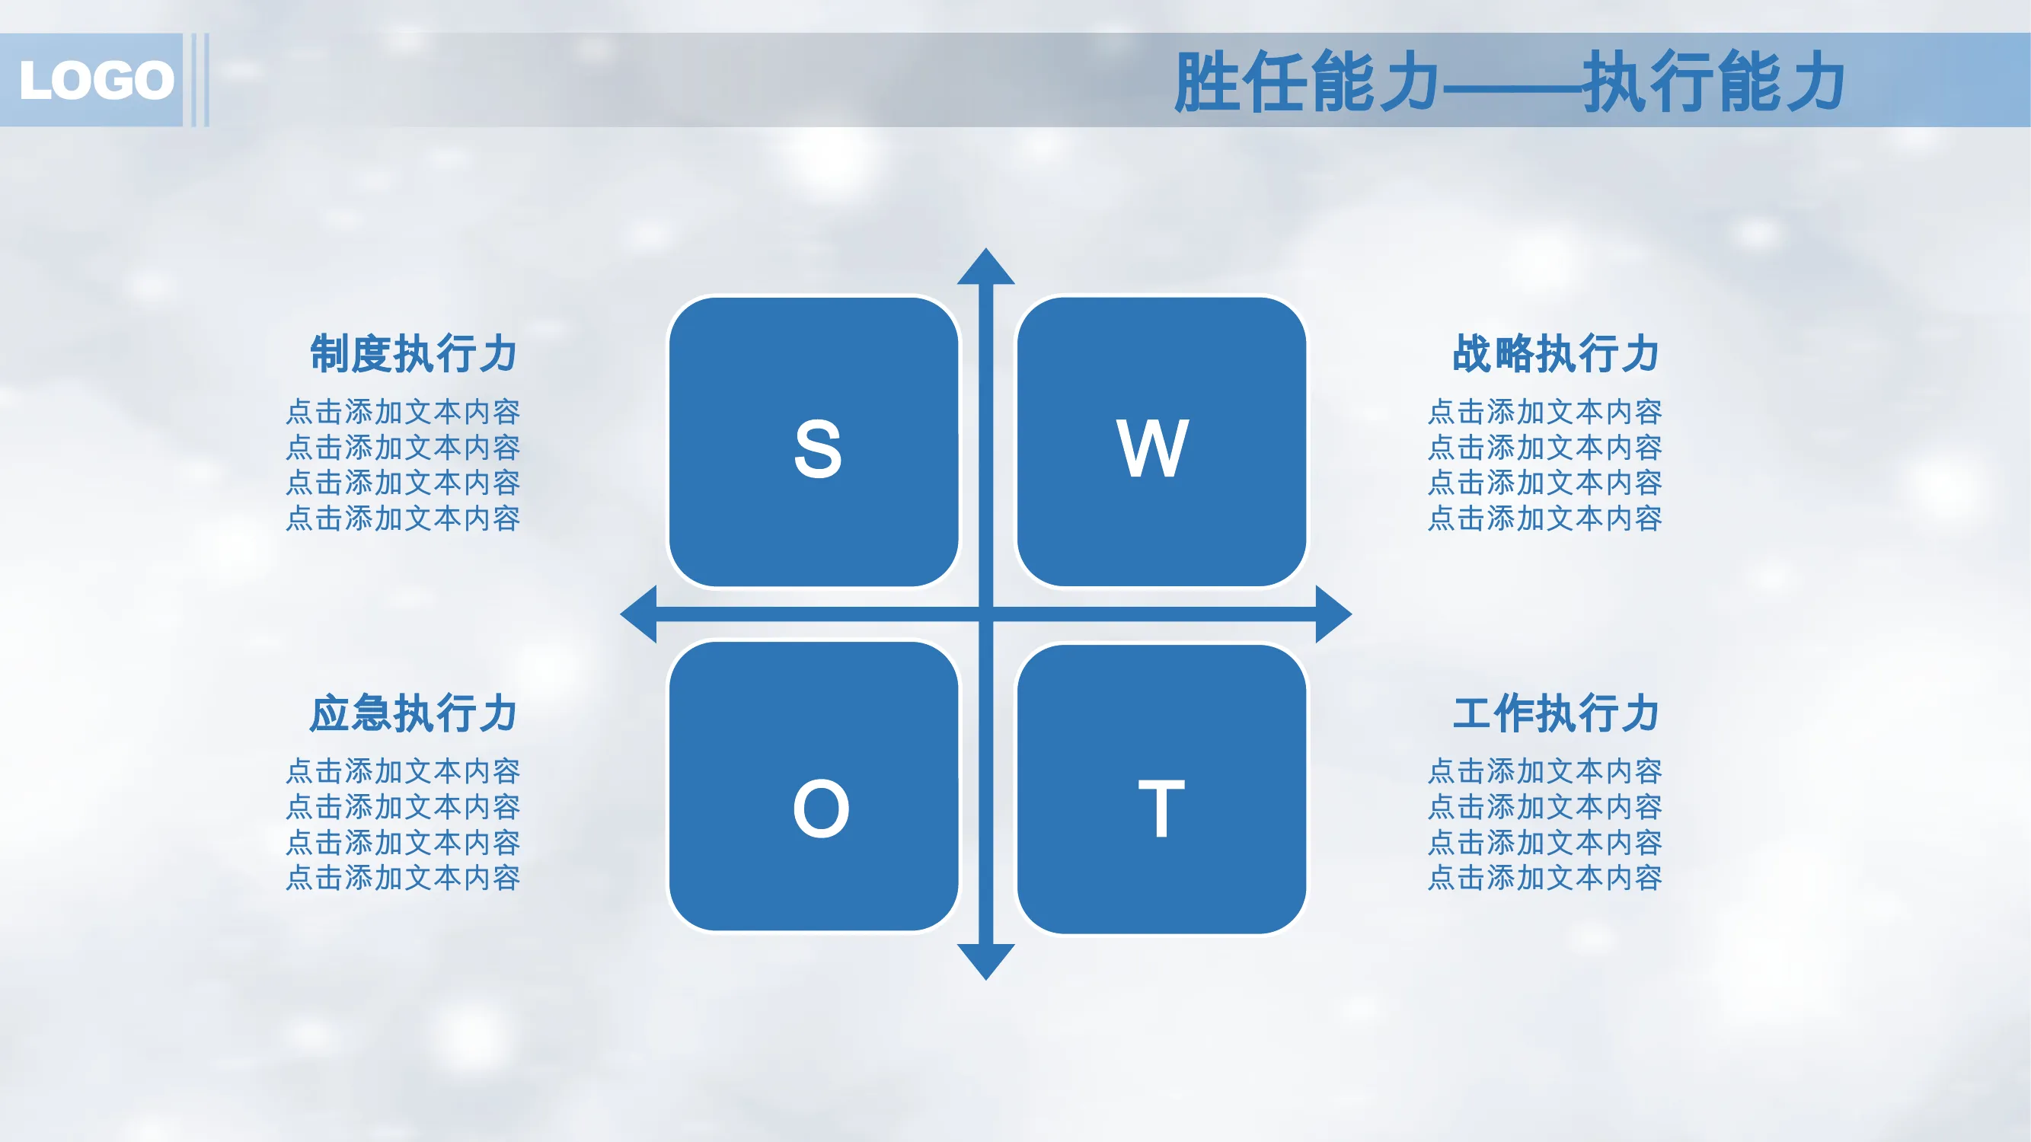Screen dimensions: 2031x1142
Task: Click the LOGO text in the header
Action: coord(97,80)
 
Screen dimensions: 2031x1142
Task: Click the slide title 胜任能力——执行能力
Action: coord(1509,81)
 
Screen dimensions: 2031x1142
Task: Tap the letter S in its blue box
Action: coord(818,448)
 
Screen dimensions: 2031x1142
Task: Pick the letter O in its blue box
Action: coord(821,809)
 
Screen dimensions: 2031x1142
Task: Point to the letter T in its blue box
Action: coord(1161,809)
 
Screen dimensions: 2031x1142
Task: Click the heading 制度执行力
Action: coord(414,353)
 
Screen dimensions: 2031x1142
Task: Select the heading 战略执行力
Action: coord(1557,353)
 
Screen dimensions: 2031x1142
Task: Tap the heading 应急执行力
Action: coord(414,713)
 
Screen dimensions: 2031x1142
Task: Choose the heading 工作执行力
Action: coord(1557,713)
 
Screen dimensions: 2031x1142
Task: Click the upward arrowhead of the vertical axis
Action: coord(985,266)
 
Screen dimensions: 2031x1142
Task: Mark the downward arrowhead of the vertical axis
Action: coord(985,962)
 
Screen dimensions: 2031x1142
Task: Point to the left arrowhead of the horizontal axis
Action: coord(639,614)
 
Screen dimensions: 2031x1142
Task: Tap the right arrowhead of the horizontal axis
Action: coord(1334,614)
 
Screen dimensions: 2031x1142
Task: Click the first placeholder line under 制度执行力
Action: coord(403,411)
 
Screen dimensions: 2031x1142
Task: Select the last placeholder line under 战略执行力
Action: coord(1545,518)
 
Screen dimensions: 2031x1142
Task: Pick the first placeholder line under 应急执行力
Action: coord(403,770)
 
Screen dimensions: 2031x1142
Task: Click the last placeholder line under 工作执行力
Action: coord(1545,877)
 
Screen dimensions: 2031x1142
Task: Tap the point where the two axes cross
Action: coord(985,614)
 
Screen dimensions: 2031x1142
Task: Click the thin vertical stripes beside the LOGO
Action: coord(200,80)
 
